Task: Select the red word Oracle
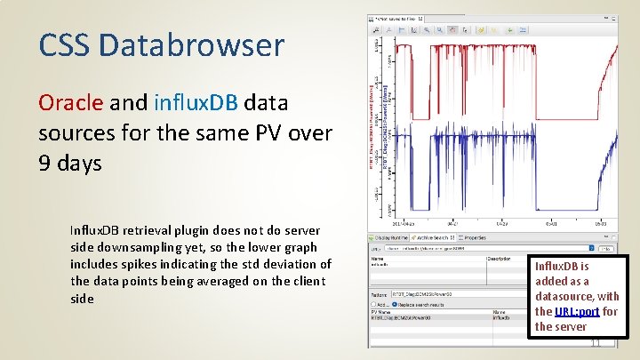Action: click(x=70, y=102)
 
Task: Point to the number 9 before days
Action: click(x=44, y=163)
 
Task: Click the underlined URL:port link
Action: click(x=577, y=311)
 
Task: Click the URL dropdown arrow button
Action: click(x=590, y=249)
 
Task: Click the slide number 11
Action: click(x=596, y=342)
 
